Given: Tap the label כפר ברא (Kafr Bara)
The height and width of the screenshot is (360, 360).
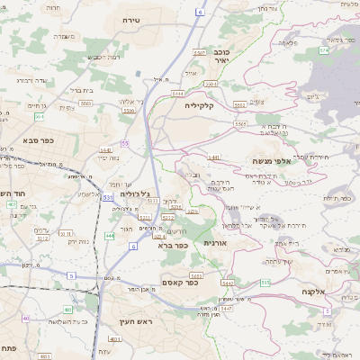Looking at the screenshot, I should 171,245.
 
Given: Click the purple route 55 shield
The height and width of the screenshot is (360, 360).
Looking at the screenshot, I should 124,144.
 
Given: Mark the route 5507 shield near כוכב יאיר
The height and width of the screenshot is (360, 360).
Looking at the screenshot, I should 200,53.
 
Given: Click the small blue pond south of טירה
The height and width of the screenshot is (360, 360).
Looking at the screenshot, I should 138,72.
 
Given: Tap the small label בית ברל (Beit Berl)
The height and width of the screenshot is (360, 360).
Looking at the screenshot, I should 83,89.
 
